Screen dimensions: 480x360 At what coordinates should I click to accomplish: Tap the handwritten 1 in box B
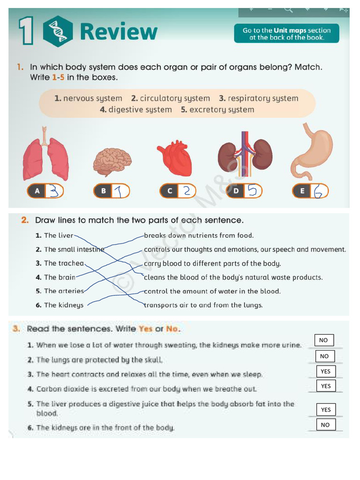tap(120, 191)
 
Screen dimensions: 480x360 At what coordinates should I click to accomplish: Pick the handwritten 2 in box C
tap(186, 191)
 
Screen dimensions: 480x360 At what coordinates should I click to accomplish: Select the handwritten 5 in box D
tap(252, 191)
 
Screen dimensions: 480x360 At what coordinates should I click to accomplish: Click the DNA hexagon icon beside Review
tap(58, 31)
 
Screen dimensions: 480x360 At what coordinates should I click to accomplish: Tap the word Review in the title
tap(119, 32)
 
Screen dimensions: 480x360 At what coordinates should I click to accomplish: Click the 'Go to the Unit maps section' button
tap(286, 34)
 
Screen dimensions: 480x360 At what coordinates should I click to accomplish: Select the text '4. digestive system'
tap(136, 110)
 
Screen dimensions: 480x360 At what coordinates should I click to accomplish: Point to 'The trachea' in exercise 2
tap(64, 263)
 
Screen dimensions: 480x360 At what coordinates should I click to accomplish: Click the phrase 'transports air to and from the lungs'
tap(203, 305)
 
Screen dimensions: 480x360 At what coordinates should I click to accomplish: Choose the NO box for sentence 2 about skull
tap(324, 356)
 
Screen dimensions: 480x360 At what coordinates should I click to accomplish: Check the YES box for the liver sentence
tap(326, 410)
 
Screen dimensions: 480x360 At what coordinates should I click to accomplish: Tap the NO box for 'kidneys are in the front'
tap(325, 425)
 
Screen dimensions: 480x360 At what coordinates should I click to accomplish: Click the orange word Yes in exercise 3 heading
tap(146, 329)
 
